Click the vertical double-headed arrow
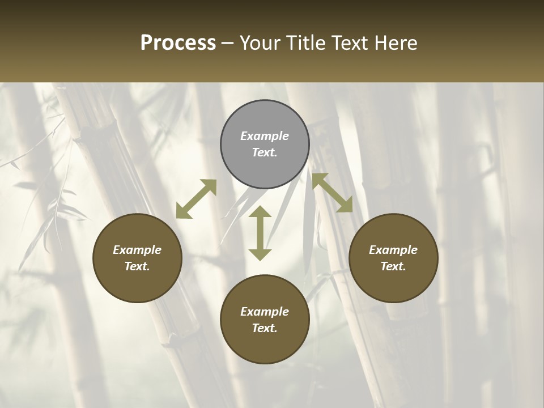pyautogui.click(x=260, y=233)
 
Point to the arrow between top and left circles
pyautogui.click(x=196, y=199)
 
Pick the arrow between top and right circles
pyautogui.click(x=332, y=193)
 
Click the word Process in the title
pyautogui.click(x=178, y=43)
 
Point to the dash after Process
pyautogui.click(x=228, y=43)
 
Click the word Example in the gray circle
pyautogui.click(x=265, y=136)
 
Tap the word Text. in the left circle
pyautogui.click(x=137, y=266)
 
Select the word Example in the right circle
pyautogui.click(x=393, y=250)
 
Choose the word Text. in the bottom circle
pyautogui.click(x=265, y=328)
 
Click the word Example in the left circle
pyautogui.click(x=137, y=250)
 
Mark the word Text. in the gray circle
pyautogui.click(x=265, y=152)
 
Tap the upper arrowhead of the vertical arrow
pyautogui.click(x=260, y=212)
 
